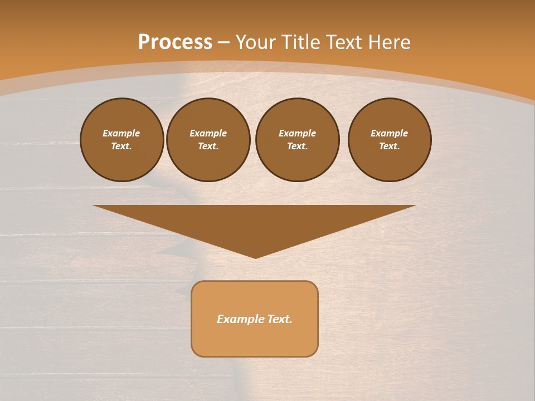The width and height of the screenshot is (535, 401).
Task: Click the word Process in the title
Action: pyautogui.click(x=175, y=42)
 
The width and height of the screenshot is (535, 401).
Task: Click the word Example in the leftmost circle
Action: pyautogui.click(x=121, y=133)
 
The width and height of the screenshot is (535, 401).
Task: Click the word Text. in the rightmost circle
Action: pyautogui.click(x=390, y=146)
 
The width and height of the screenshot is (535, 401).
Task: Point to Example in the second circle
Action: pyautogui.click(x=208, y=133)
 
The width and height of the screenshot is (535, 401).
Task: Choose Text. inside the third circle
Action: pyautogui.click(x=298, y=146)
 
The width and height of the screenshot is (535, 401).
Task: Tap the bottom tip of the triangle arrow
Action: pyautogui.click(x=255, y=257)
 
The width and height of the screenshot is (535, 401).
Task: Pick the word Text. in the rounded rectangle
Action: pyautogui.click(x=280, y=319)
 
